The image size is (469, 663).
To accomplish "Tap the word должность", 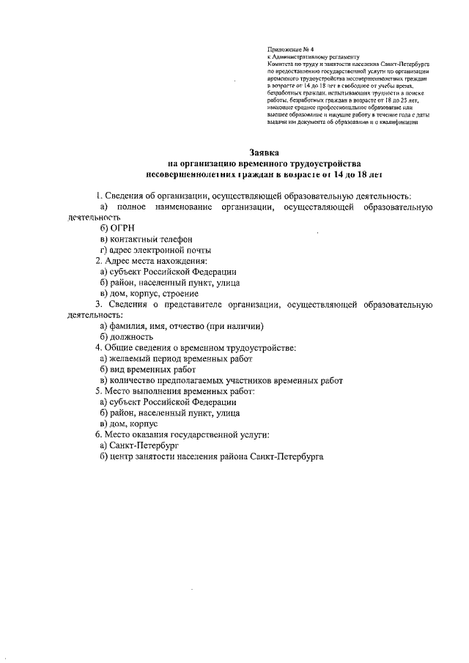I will [131, 337].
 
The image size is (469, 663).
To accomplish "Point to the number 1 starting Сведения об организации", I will [98, 196].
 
